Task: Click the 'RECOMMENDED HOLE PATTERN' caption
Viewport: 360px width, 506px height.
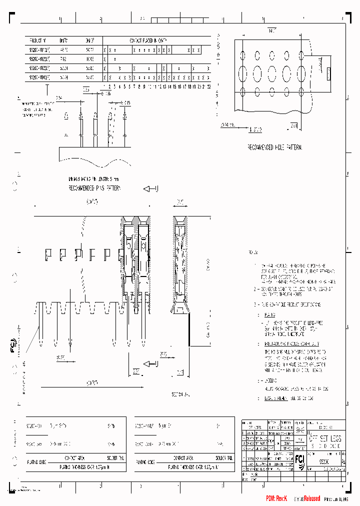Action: pos(274,147)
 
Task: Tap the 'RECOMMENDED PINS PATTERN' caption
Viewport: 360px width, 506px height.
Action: pos(95,188)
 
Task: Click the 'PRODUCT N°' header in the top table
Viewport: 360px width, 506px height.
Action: pos(37,40)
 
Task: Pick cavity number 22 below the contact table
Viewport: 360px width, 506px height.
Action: pos(208,86)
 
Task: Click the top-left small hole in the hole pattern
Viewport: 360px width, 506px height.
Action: pos(243,54)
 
